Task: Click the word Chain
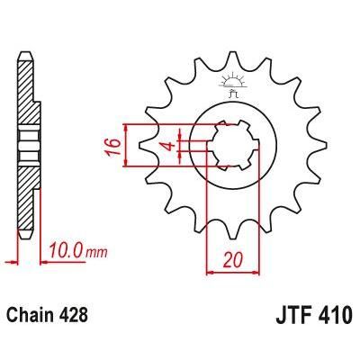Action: (x=33, y=317)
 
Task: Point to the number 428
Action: (x=76, y=317)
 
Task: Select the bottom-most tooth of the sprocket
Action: (x=232, y=236)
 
